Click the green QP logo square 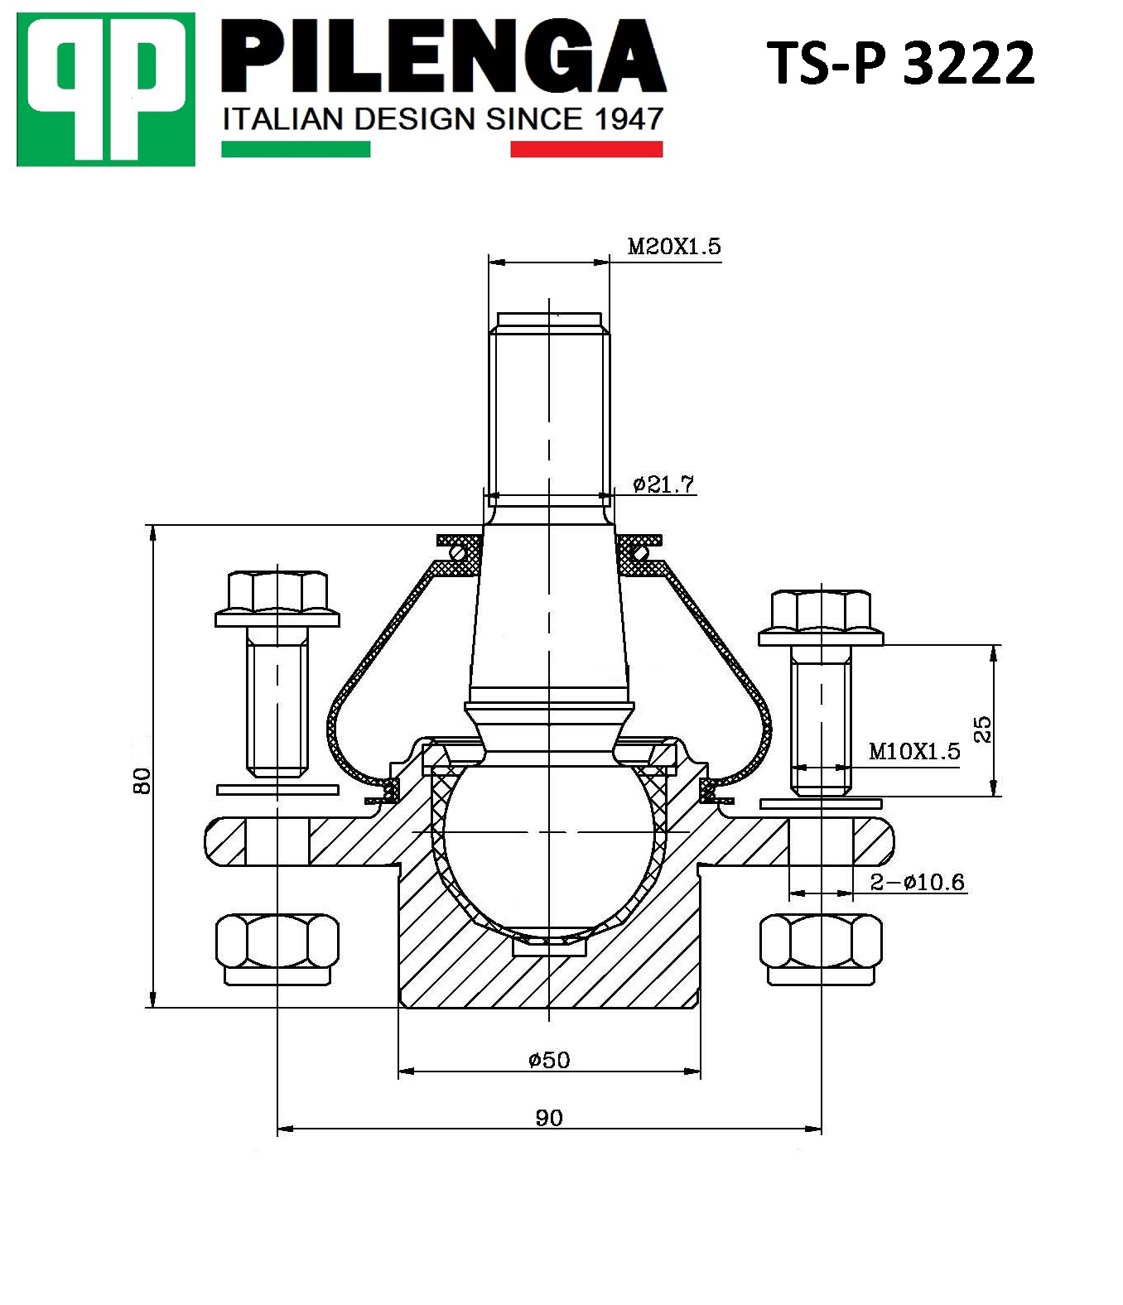[106, 89]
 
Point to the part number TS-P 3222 [900, 63]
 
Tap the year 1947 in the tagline [629, 119]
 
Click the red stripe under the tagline [586, 150]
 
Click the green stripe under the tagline [296, 150]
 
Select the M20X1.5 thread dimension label [673, 246]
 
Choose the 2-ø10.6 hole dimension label [917, 882]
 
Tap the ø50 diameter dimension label [549, 1059]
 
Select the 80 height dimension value [142, 780]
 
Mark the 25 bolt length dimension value [982, 729]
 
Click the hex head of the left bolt [277, 590]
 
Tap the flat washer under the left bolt [277, 790]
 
